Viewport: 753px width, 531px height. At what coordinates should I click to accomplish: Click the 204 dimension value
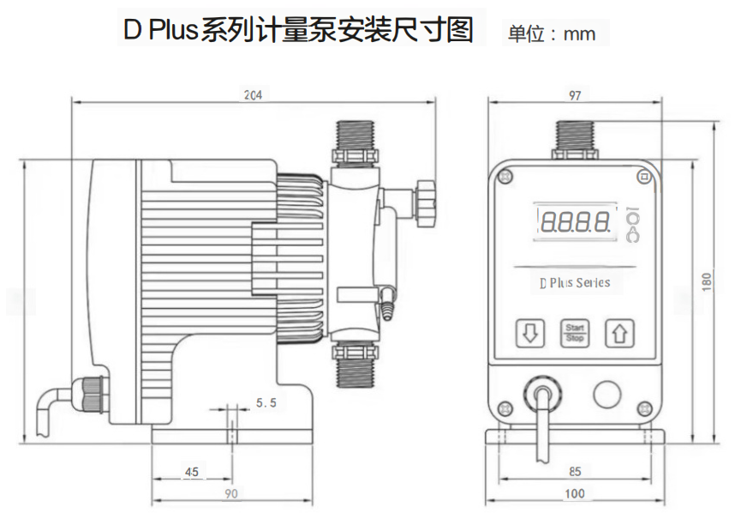point(253,94)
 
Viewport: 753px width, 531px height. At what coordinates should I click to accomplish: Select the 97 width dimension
point(575,95)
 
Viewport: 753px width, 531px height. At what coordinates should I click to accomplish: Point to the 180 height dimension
point(706,281)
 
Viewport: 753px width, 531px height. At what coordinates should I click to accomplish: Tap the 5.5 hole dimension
point(266,402)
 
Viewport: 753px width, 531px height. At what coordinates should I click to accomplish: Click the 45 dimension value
point(191,472)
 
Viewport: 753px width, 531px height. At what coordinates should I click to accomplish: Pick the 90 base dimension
point(231,493)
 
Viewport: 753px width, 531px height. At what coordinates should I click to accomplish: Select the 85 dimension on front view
point(575,471)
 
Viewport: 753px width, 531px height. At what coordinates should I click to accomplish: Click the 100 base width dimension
point(575,493)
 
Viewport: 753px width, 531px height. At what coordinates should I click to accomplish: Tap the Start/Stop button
point(574,333)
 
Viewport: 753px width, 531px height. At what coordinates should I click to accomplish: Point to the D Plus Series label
point(575,282)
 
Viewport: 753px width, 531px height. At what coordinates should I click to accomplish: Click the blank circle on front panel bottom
point(607,394)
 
